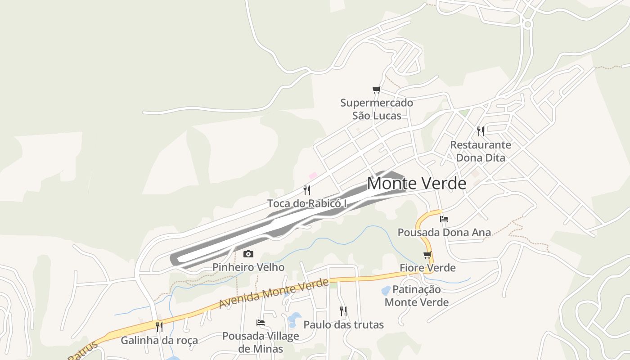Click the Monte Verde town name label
(x=416, y=184)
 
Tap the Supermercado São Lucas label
(x=377, y=109)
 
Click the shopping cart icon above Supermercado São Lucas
(x=376, y=90)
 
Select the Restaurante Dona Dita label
(x=481, y=151)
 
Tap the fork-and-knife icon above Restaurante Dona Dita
(x=481, y=131)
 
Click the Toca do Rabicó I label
(x=307, y=203)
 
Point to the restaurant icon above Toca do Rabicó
(x=307, y=190)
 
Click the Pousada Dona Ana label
(x=444, y=233)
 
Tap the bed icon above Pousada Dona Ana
(x=444, y=219)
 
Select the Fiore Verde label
(x=427, y=268)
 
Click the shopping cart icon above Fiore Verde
(x=427, y=255)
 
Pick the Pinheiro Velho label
(x=248, y=267)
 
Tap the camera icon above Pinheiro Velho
(x=248, y=254)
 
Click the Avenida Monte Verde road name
(x=274, y=293)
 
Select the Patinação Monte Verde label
(x=417, y=296)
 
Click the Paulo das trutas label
(x=343, y=324)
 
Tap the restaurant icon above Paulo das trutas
(x=343, y=311)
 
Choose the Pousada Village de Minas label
(x=261, y=342)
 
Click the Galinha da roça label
(x=159, y=340)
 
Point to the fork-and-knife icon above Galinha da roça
(x=159, y=327)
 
